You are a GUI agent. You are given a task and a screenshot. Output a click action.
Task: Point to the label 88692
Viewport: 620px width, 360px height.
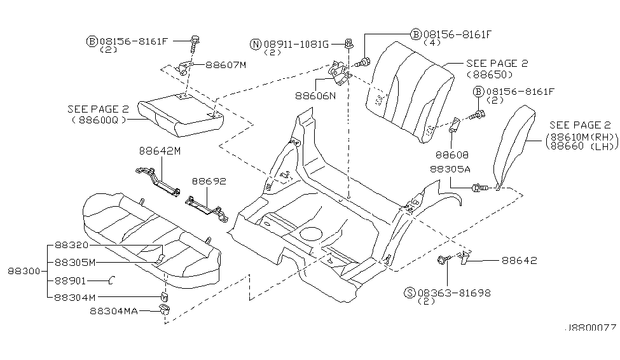click(209, 181)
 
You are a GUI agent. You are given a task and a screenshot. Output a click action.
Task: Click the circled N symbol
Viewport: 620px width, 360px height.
click(256, 44)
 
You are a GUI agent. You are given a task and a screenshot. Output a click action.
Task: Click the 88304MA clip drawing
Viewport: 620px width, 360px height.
click(162, 310)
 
